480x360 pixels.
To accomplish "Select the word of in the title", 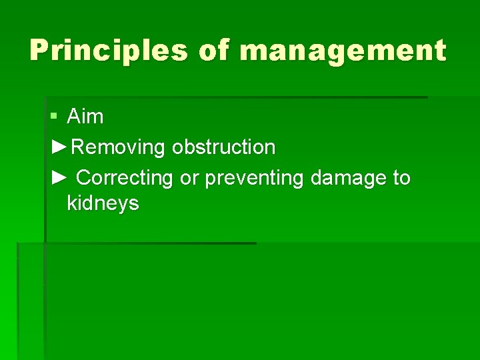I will [213, 51].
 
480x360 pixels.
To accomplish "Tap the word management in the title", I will [342, 51].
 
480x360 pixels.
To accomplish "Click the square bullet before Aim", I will [54, 117].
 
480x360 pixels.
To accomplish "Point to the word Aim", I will [85, 117].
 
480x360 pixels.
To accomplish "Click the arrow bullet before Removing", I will [59, 147].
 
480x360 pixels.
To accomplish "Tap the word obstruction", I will [223, 147].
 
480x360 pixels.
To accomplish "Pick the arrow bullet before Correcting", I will [59, 178].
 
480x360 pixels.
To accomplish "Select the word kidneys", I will [103, 203].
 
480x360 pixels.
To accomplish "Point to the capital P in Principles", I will [39, 51].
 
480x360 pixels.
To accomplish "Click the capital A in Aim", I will [73, 117].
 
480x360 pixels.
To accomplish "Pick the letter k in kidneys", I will [71, 203].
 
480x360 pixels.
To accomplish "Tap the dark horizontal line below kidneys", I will [150, 243].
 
